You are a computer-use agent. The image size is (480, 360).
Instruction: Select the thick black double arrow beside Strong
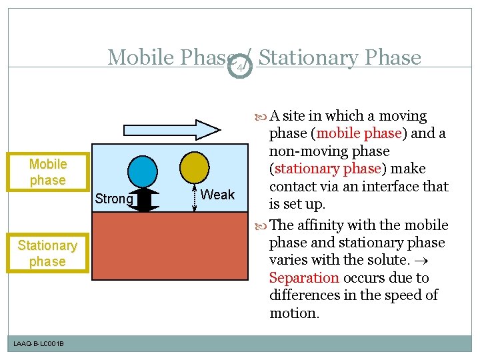point(145,200)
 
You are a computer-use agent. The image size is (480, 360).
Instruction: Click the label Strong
point(114,199)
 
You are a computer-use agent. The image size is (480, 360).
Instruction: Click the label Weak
point(217,195)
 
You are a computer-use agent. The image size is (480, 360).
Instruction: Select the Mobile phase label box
point(48,172)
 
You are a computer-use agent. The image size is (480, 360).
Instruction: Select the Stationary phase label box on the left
point(47,253)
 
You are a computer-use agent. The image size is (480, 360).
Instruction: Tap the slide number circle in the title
point(243,65)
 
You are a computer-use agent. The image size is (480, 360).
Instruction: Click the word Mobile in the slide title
point(139,58)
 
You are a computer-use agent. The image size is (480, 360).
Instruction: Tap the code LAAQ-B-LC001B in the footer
point(39,343)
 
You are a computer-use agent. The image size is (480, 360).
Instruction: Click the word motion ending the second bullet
point(293,313)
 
